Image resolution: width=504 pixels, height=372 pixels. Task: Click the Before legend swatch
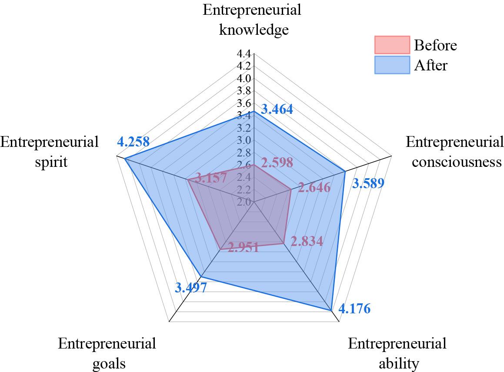click(x=392, y=44)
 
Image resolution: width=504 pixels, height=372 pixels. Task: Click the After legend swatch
click(x=392, y=65)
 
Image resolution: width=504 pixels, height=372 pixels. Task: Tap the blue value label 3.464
click(x=277, y=109)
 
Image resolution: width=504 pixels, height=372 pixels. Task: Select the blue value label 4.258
click(x=134, y=142)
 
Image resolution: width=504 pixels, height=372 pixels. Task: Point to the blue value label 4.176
click(x=354, y=309)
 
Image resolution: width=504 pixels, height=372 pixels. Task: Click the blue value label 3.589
click(x=368, y=184)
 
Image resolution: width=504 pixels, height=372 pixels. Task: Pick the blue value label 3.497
click(x=191, y=287)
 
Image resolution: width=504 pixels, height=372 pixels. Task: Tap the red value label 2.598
click(x=277, y=163)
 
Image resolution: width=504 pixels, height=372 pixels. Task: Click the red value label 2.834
click(x=307, y=241)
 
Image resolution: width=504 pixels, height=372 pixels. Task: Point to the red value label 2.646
click(x=314, y=188)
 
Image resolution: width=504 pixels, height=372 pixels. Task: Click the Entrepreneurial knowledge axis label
click(x=252, y=20)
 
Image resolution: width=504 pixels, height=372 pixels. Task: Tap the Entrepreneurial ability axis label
click(x=397, y=353)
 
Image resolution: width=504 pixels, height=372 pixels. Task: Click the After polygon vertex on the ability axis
click(x=331, y=310)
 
